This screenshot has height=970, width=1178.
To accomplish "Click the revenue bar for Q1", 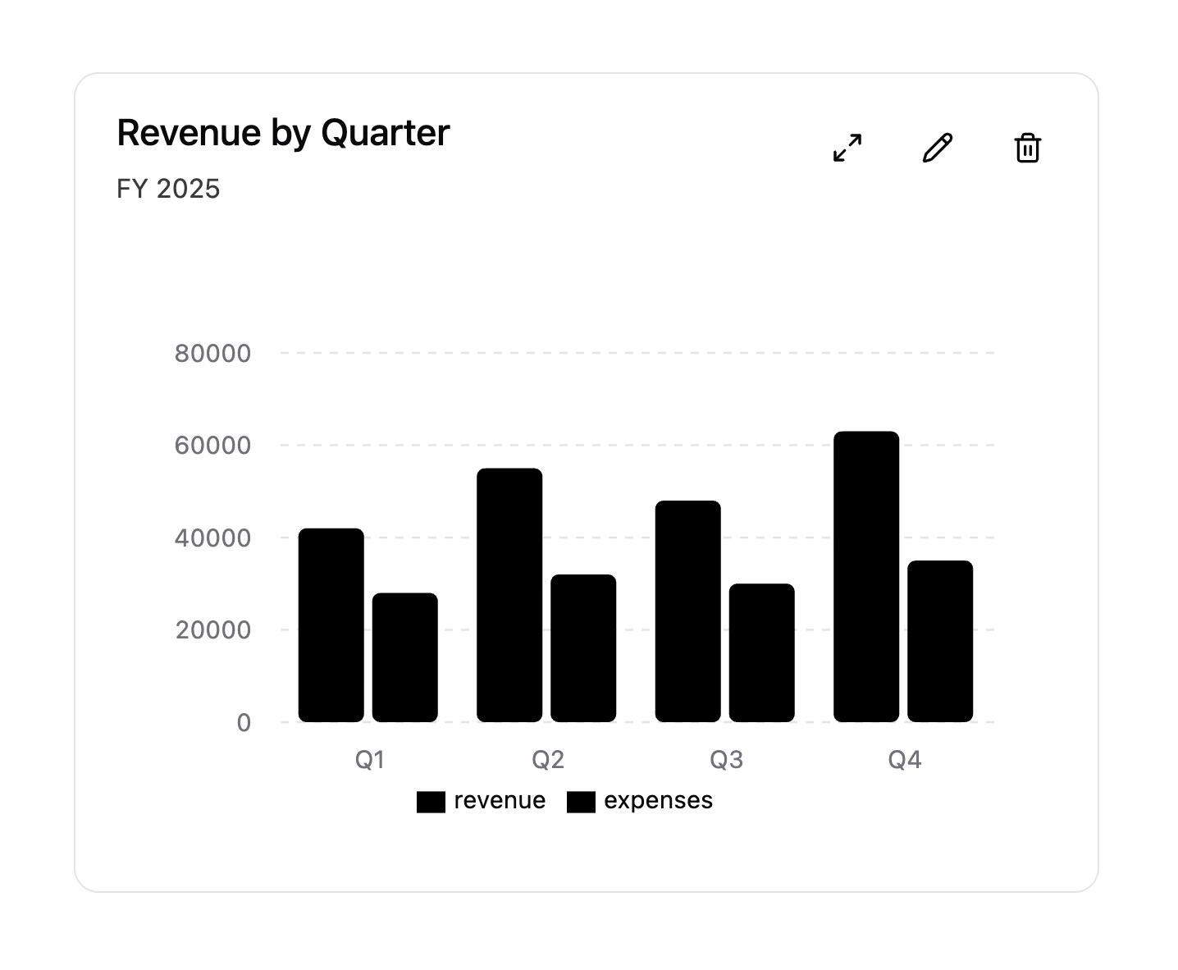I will pos(331,625).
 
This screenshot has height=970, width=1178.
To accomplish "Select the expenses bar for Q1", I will pos(404,657).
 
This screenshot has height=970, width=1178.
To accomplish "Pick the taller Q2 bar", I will pos(509,595).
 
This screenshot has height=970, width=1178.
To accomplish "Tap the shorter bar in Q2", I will pos(583,648).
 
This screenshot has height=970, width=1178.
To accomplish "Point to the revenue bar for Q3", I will pos(687,611).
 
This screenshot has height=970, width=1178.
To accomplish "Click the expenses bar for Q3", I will pos(761,653).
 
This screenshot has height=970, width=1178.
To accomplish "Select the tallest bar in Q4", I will pos(866,577).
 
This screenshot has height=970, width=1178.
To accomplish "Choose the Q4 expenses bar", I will pos(940,642).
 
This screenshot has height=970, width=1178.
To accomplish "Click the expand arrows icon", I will pos(847,148).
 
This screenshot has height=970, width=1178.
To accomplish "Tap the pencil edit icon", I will pos(938,148).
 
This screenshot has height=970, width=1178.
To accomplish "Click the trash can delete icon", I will pos(1028,148).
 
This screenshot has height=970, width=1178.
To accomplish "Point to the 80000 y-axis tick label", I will pos(212,354).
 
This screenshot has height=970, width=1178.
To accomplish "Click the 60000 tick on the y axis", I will pos(212,446).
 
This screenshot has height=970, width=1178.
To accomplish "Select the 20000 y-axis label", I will pos(212,630).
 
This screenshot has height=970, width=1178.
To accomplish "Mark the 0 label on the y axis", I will pos(244,723).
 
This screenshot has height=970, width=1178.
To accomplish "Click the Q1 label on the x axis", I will pos(369,760).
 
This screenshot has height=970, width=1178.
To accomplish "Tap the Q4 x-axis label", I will pos(904,760).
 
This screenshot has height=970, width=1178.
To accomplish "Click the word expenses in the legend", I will pos(658,801).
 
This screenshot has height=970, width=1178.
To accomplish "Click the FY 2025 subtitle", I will pos(168,189).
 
